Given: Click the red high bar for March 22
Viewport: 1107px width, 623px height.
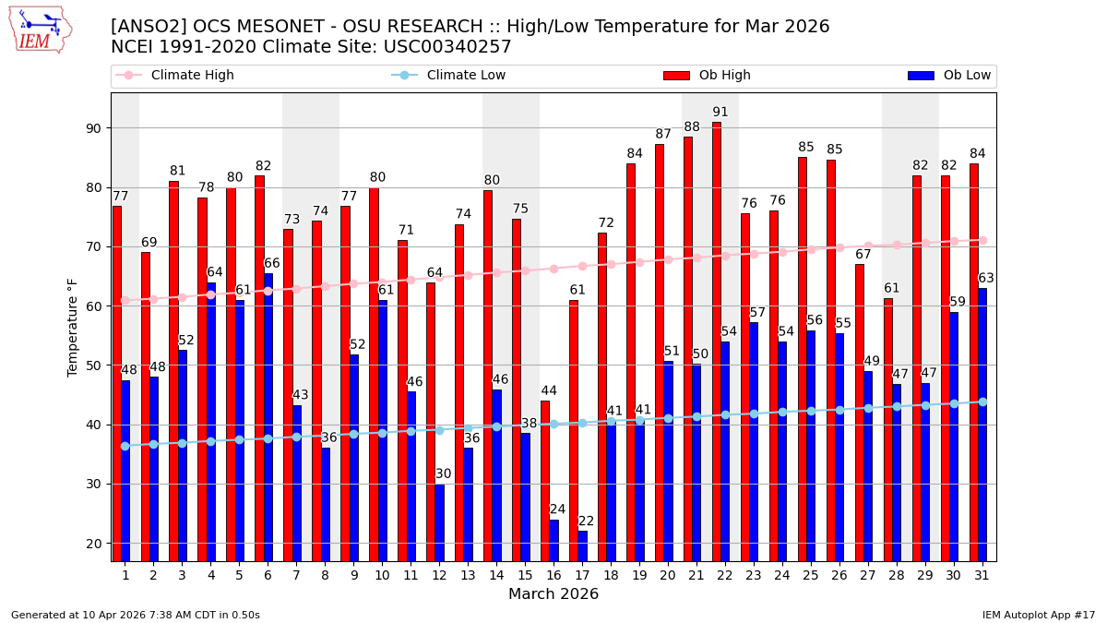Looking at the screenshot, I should [x=717, y=341].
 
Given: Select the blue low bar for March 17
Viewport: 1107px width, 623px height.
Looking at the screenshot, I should [x=582, y=545].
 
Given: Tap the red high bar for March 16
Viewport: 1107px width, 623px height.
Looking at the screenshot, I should [x=545, y=480].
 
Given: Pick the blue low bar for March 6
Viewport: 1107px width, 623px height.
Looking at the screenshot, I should [x=268, y=416].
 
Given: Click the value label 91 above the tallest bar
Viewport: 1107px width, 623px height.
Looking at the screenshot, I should [x=720, y=113].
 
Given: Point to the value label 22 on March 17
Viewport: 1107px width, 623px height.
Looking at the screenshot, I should [x=587, y=521].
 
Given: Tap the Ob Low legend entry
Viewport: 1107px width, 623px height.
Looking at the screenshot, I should [x=949, y=76].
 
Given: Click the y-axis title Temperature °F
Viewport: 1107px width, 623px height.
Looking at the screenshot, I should [x=74, y=327].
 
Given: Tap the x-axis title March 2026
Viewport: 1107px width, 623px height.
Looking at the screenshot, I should [x=553, y=594].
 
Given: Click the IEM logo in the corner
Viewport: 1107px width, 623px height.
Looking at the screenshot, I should [x=40, y=30].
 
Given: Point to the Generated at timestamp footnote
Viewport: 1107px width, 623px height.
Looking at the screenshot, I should [x=136, y=615].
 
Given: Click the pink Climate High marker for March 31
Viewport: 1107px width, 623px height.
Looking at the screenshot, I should [x=982, y=240].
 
